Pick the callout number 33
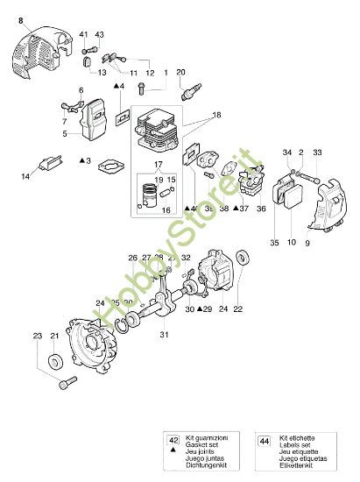pos(316,152)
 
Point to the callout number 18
pos(215,115)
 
